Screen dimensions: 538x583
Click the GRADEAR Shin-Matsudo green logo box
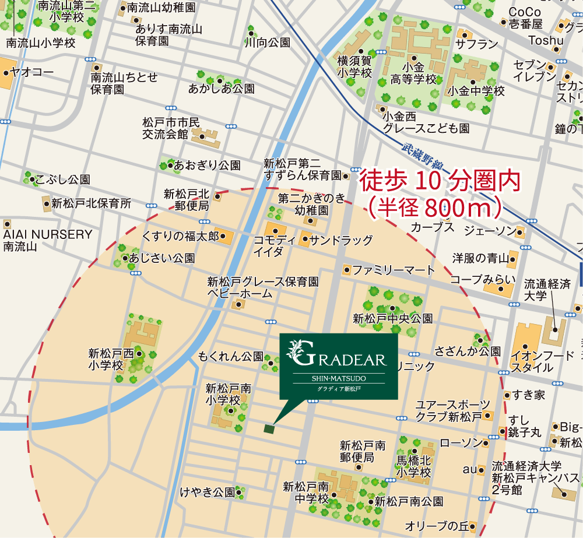(338, 366)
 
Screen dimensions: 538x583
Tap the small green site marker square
(269, 429)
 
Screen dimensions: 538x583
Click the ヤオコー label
(31, 73)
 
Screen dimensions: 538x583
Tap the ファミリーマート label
(394, 270)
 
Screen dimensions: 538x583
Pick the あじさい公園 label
(162, 258)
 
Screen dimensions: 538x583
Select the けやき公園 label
(208, 492)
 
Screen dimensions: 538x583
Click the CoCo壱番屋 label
(525, 17)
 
